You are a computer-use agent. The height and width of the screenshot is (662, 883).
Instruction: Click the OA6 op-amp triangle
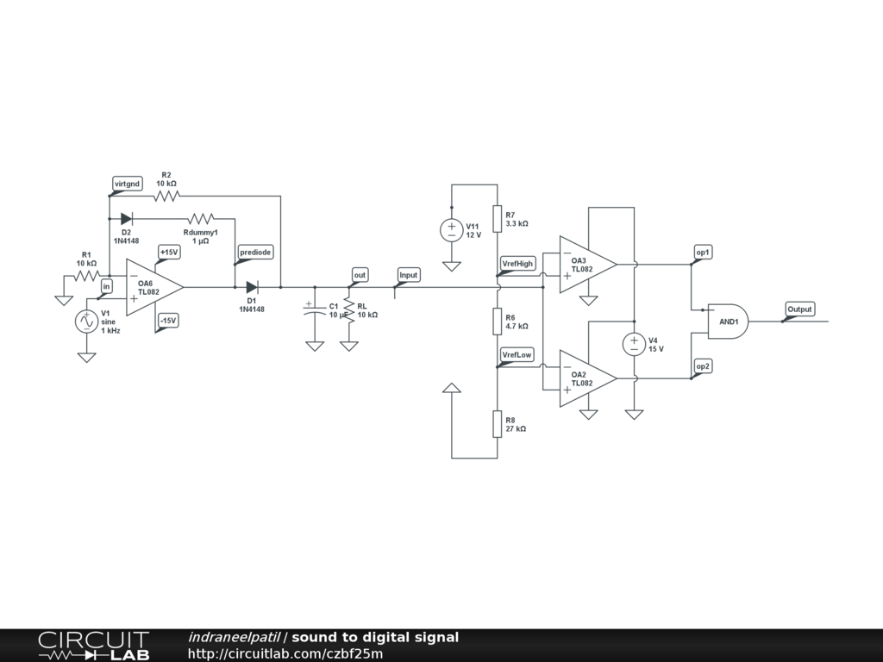click(x=153, y=287)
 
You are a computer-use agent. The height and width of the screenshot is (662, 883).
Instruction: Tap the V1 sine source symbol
click(x=86, y=321)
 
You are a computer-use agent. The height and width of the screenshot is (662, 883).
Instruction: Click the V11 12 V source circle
click(x=452, y=229)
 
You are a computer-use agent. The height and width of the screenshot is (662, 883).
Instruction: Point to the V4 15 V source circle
click(x=634, y=344)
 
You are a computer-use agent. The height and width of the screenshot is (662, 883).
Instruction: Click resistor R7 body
click(x=498, y=218)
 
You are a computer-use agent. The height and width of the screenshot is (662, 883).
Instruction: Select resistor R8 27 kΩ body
click(x=498, y=423)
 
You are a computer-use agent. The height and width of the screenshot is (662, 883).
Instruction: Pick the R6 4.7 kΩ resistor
click(x=498, y=322)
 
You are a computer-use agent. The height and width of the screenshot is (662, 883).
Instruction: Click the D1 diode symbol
click(x=252, y=287)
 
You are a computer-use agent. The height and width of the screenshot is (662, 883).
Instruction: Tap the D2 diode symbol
click(x=127, y=219)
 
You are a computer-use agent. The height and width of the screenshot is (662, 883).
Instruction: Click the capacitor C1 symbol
click(x=314, y=309)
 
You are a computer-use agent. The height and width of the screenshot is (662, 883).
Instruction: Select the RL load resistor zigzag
click(x=348, y=309)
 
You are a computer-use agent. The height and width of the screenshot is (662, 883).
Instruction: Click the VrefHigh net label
click(x=517, y=263)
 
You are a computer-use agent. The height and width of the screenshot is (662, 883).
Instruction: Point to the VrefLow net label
click(x=517, y=354)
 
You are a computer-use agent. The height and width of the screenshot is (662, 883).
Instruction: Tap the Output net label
click(x=799, y=309)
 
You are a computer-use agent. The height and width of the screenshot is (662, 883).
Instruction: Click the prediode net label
click(x=255, y=253)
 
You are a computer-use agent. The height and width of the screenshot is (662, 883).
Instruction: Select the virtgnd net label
click(x=127, y=184)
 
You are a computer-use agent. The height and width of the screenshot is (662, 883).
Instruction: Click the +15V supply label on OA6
click(x=168, y=253)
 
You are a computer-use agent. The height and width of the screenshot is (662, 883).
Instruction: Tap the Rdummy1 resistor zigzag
click(x=200, y=219)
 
